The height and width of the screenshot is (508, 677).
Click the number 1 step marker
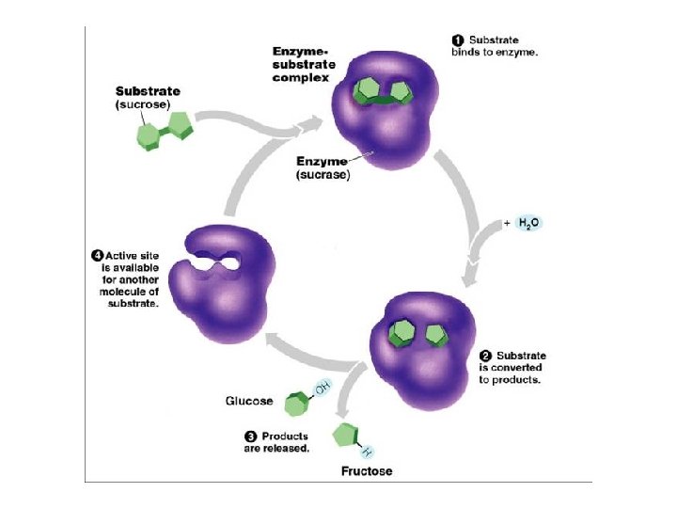(x=457, y=40)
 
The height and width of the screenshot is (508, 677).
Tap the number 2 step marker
(x=485, y=356)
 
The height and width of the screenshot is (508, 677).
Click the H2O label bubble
(x=528, y=224)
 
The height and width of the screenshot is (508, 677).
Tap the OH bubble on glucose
(x=322, y=388)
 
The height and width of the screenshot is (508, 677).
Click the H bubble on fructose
(x=366, y=450)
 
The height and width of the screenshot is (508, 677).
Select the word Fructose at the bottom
(x=367, y=470)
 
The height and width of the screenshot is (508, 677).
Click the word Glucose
(x=249, y=401)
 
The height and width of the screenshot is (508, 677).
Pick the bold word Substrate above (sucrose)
(x=148, y=91)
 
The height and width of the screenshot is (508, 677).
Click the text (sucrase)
(x=324, y=175)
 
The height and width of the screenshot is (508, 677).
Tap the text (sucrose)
(x=142, y=104)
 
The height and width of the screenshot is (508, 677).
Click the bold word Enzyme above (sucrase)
(x=323, y=162)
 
